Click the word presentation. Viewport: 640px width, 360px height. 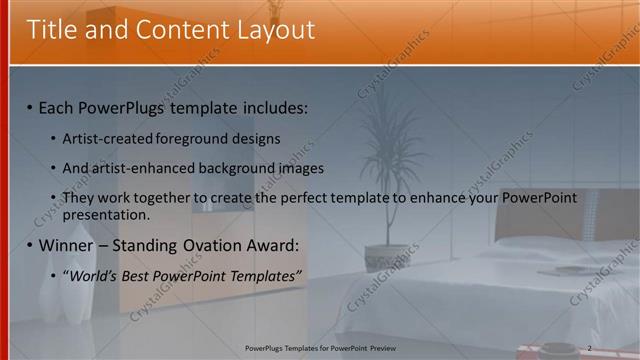[x=105, y=214]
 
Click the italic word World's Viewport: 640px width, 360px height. [x=96, y=275]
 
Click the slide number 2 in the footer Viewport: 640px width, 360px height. [x=590, y=347]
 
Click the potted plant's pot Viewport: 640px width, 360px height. [x=387, y=258]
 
